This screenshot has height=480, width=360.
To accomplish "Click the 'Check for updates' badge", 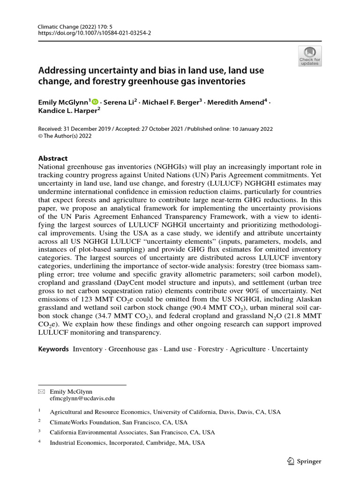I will pos(309,56).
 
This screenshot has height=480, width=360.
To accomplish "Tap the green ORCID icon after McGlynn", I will pos(96,102).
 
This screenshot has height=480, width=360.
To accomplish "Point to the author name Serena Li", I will pos(119,102).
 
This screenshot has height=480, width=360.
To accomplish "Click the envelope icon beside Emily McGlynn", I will pos(41,391).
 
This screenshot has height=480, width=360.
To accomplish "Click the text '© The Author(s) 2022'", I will pos(65,136).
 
